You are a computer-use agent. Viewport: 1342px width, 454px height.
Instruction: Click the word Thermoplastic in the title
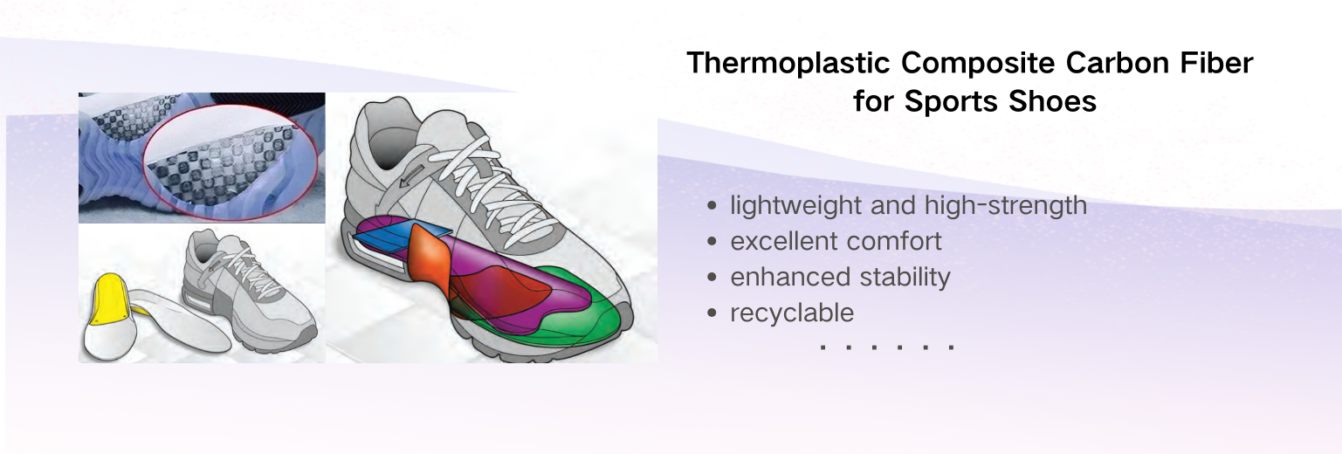pos(788,64)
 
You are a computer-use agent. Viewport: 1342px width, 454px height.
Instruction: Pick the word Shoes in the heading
pos(1053,101)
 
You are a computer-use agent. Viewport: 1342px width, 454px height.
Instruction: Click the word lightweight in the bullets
pos(795,206)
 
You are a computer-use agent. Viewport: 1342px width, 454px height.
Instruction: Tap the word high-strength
pos(1005,206)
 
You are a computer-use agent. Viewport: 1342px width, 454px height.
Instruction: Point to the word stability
pos(905,278)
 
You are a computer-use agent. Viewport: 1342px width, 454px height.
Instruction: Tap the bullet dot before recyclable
pos(712,313)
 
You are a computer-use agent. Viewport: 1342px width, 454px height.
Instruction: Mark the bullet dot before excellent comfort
pos(712,241)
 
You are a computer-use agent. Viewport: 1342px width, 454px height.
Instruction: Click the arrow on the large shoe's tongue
pos(411,175)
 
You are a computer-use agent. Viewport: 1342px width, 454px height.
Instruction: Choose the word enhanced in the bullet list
pos(790,278)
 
